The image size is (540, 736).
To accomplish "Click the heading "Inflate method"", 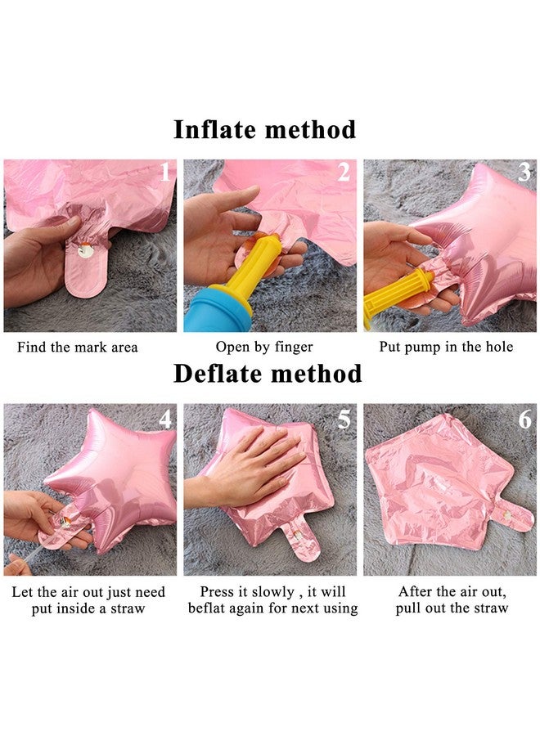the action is (x=265, y=129).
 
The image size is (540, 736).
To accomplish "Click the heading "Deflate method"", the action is (x=268, y=374).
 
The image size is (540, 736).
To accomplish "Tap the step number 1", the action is (x=164, y=172).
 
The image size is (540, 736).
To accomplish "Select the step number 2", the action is (x=344, y=172).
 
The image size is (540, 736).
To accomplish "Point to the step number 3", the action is (x=524, y=172).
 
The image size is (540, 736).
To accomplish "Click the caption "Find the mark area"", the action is (x=78, y=348).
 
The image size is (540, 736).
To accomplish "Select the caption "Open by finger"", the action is (x=264, y=348).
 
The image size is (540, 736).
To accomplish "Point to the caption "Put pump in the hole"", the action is (x=446, y=348).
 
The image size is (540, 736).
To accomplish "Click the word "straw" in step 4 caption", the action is (x=128, y=608).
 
